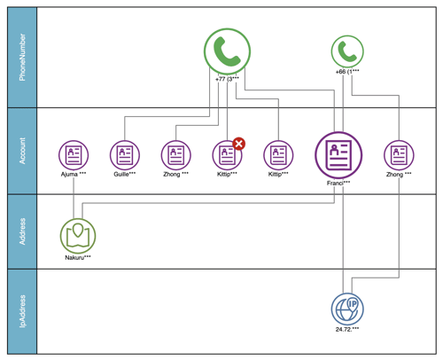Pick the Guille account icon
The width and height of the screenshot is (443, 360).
(125, 155)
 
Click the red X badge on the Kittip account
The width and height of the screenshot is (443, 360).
(238, 144)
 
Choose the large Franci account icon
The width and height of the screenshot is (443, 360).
(338, 154)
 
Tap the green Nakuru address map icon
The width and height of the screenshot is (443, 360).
(78, 234)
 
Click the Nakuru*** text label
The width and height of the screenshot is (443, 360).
(78, 257)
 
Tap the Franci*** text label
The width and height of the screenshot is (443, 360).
(338, 182)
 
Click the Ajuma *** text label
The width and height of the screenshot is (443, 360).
(74, 174)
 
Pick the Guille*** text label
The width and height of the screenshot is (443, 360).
(125, 174)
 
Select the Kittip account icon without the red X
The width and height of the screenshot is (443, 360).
(280, 155)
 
